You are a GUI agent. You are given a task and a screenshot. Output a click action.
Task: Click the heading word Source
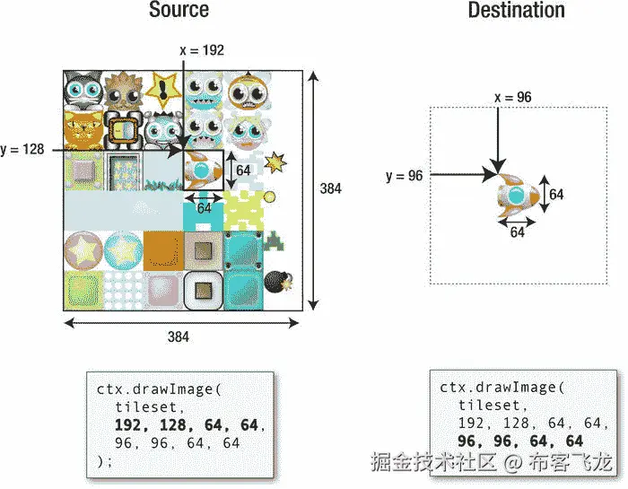[179, 12]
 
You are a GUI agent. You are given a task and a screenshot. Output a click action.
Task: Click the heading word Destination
[517, 12]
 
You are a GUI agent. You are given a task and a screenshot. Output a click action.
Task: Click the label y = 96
[404, 176]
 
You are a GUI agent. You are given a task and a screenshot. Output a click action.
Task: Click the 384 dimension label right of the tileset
[333, 188]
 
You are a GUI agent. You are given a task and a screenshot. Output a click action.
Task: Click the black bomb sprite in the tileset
[274, 281]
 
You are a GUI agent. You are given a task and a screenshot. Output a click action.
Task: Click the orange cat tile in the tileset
[83, 130]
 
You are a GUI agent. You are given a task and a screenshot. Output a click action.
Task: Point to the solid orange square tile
[163, 249]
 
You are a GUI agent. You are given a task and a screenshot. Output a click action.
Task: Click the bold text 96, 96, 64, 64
[520, 441]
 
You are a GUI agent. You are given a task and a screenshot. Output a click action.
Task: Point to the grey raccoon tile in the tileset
[83, 89]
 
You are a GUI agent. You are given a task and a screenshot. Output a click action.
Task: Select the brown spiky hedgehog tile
[123, 89]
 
